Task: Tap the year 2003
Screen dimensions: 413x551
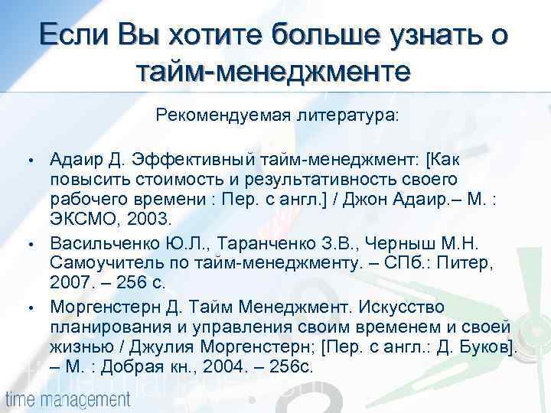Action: point(146,219)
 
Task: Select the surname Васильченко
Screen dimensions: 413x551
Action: point(103,243)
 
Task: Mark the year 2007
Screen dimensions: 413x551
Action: point(70,283)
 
